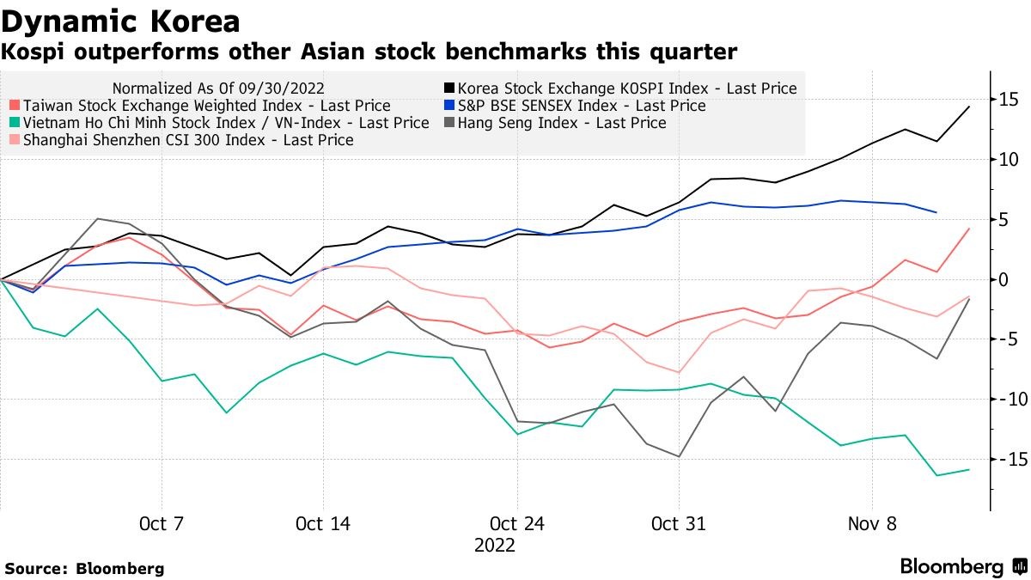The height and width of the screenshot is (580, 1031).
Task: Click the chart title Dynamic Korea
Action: tap(120, 21)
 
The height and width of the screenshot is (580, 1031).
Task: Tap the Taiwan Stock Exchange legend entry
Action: tap(206, 106)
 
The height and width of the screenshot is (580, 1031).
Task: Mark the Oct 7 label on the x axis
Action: tap(162, 523)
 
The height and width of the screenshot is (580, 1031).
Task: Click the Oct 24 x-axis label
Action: tap(516, 523)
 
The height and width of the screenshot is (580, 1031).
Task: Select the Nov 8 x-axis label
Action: tap(872, 523)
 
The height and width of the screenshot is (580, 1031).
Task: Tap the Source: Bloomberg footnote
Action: tap(84, 569)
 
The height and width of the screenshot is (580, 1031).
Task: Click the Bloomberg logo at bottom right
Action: tap(962, 567)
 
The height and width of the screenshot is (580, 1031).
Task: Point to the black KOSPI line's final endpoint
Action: tap(969, 107)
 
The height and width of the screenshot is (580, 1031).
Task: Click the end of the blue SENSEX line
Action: tap(936, 212)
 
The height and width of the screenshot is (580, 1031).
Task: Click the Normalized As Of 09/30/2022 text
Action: tap(219, 89)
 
